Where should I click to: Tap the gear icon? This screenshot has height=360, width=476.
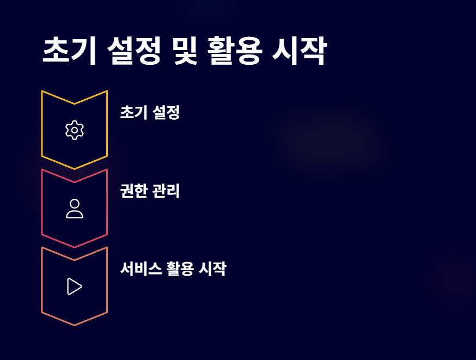tap(75, 130)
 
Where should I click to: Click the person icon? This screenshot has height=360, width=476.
tap(75, 209)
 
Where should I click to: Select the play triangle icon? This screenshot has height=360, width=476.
tap(75, 286)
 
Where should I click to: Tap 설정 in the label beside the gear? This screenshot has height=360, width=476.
tap(166, 113)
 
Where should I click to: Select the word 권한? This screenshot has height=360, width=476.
tap(133, 191)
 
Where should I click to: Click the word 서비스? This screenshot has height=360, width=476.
tap(141, 269)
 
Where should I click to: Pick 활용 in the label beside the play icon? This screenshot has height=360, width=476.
tap(180, 269)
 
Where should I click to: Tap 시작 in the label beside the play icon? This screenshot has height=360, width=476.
tap(212, 269)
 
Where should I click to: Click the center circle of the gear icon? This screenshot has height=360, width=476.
tap(75, 130)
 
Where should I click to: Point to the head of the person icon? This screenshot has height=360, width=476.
tap(75, 204)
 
